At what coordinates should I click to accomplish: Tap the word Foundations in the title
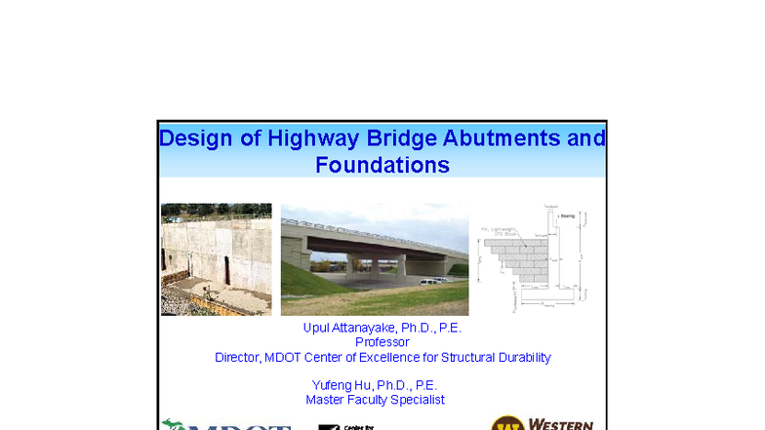382,165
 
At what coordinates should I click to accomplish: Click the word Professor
382,342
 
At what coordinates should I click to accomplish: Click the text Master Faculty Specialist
375,400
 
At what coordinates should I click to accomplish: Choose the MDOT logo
226,424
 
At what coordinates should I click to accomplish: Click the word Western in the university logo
561,424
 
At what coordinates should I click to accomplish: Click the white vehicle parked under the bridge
428,281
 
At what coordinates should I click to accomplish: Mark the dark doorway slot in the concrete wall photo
226,270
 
